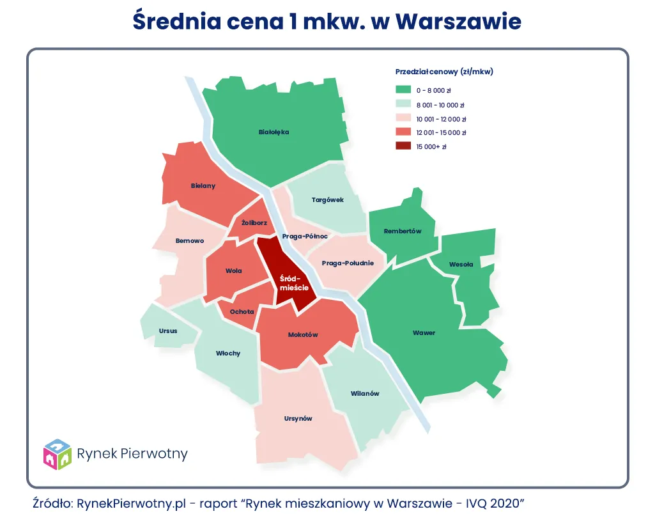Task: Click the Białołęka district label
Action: (x=274, y=132)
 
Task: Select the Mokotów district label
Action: (x=303, y=334)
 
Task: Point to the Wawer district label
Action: (x=424, y=333)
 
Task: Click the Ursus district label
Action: (x=168, y=331)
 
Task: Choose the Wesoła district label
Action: (x=461, y=264)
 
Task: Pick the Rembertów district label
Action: (x=403, y=231)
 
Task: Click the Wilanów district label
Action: (x=365, y=393)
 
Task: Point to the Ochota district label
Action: (x=242, y=311)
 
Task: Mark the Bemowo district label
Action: (x=190, y=241)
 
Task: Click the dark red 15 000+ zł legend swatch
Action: (x=403, y=146)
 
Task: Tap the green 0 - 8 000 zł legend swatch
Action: (x=403, y=90)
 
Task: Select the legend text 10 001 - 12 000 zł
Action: (x=441, y=119)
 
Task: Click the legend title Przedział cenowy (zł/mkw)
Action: (x=444, y=72)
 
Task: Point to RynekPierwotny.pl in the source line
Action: (x=131, y=503)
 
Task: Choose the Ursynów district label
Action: (x=298, y=419)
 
